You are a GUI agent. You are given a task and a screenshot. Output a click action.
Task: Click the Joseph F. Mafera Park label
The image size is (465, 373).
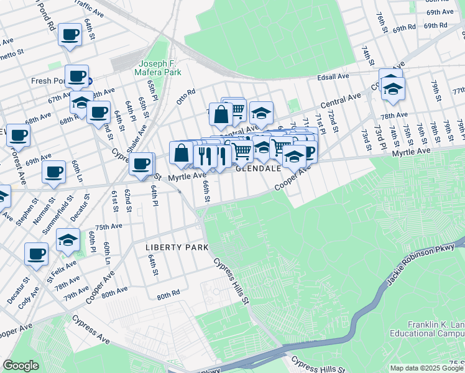tap(160, 68)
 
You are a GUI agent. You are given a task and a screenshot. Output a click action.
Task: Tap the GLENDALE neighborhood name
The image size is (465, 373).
tap(259, 168)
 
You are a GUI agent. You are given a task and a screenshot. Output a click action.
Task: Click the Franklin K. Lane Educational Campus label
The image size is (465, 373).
tap(436, 329)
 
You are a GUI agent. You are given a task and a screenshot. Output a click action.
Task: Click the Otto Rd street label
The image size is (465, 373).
tap(186, 96)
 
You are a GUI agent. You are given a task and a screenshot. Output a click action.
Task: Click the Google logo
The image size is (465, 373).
tap(21, 366)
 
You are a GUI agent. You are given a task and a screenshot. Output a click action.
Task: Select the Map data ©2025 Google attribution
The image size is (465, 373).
tap(426, 367)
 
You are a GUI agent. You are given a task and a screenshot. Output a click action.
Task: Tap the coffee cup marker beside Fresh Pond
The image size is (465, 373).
tap(76, 76)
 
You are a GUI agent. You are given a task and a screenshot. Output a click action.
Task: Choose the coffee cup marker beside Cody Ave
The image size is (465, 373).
tap(37, 254)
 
